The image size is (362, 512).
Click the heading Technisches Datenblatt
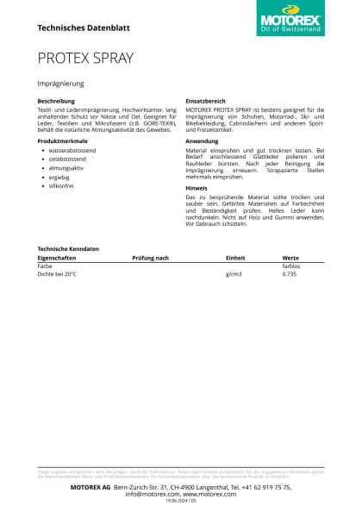(x=84, y=28)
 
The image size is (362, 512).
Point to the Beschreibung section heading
(x=56, y=101)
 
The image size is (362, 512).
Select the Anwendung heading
(x=203, y=140)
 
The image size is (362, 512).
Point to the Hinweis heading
(x=197, y=187)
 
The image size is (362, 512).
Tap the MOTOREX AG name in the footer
(x=90, y=487)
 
